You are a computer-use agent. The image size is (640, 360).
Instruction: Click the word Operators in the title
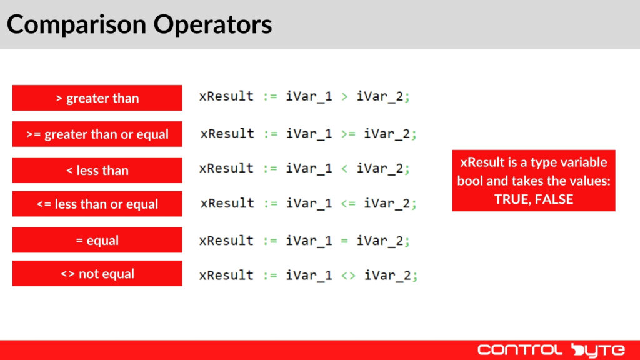tap(213, 24)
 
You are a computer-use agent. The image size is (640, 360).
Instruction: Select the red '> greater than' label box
tap(97, 98)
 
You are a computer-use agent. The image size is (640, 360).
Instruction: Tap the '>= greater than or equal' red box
tap(97, 134)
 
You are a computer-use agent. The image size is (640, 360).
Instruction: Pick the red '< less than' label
tap(97, 170)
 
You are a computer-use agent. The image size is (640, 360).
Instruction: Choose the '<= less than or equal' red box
tap(97, 204)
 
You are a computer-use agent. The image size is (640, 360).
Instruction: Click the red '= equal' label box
tap(97, 240)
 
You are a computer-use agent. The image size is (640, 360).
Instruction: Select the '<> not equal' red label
tap(97, 274)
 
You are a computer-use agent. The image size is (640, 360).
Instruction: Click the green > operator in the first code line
tap(344, 97)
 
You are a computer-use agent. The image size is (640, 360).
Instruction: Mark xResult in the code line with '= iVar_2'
tap(226, 241)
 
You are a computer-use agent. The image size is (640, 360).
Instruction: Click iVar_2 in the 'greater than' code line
tap(382, 97)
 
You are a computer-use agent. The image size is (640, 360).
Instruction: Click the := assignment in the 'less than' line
tap(270, 169)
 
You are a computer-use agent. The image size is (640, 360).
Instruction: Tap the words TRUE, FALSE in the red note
tap(533, 200)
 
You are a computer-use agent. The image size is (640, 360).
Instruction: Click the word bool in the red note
tap(471, 181)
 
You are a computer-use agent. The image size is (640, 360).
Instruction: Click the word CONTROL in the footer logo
tap(519, 349)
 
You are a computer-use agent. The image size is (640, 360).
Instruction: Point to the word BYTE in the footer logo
tap(594, 349)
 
